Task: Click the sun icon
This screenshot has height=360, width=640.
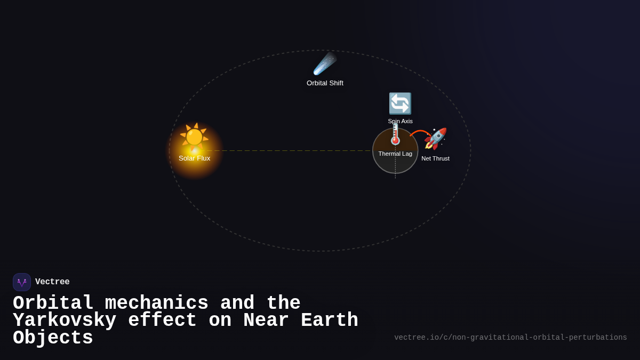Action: coord(194,137)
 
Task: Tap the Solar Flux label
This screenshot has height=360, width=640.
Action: coord(194,158)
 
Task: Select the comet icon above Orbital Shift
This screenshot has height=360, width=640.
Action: coord(324,64)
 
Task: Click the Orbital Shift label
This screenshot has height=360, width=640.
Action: coord(325,83)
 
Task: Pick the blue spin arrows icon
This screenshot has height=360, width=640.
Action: coord(400,103)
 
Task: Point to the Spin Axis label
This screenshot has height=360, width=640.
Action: coord(400,121)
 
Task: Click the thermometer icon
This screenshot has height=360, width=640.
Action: coord(395,135)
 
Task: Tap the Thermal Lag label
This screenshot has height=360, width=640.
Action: coord(395,154)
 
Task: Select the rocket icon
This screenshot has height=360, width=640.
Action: coord(435,139)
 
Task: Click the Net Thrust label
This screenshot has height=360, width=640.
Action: coord(435,158)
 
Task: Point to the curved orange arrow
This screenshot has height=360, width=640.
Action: coord(419,132)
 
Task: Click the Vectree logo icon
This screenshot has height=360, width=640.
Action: coord(22,282)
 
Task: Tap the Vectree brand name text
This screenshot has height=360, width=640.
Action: coord(52,282)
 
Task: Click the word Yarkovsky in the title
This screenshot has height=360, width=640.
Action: coord(65,321)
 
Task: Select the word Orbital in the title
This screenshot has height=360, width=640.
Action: coord(53,303)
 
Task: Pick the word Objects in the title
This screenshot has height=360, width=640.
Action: coord(53,338)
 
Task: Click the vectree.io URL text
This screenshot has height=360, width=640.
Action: coord(510,338)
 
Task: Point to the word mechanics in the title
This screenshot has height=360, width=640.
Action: coord(156,303)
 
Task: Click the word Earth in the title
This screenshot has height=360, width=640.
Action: coord(329,321)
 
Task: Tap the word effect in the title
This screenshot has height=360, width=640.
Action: coord(162,321)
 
